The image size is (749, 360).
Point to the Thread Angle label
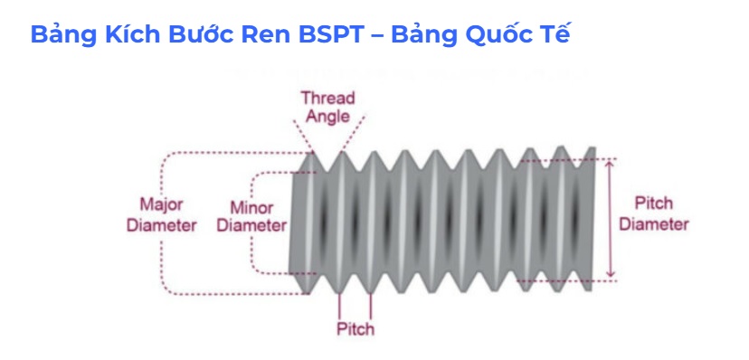tap(327, 107)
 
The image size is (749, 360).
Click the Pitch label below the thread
tap(355, 328)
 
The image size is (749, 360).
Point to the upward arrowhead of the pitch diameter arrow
tap(612, 164)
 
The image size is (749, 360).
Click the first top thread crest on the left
tap(316, 153)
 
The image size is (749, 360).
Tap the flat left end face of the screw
tap(293, 222)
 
